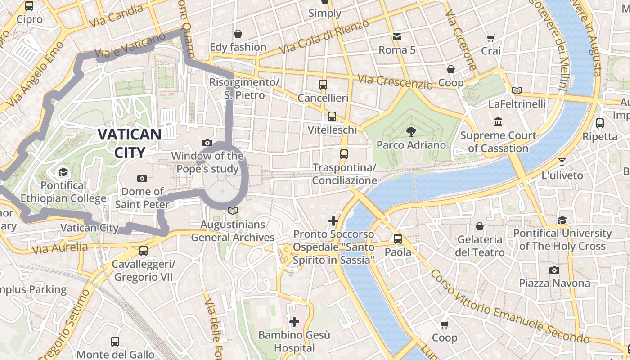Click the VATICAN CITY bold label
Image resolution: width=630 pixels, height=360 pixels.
(x=129, y=143)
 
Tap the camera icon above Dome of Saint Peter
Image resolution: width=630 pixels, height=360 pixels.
(x=142, y=179)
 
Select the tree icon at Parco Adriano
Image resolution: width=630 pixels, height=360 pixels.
(x=411, y=132)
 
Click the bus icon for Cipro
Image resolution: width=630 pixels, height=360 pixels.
(x=29, y=6)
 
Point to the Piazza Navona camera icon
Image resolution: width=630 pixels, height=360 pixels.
(x=554, y=270)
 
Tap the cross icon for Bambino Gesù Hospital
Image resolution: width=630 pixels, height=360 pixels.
(x=294, y=322)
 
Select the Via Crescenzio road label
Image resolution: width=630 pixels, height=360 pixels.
(x=395, y=81)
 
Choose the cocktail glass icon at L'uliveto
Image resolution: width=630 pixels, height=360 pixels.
(x=562, y=162)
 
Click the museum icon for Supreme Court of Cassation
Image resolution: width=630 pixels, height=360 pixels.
(x=498, y=122)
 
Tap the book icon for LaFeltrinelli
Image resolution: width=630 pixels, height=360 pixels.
(x=517, y=90)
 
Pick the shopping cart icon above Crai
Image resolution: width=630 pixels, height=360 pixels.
(x=491, y=38)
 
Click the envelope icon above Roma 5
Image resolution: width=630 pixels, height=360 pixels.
(x=397, y=36)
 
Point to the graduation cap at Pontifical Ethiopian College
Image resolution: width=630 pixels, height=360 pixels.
(x=63, y=172)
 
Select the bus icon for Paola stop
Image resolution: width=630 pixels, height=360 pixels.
(x=398, y=238)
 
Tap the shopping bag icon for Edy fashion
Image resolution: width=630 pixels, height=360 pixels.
(x=238, y=34)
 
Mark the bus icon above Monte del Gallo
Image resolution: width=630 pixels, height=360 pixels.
(x=115, y=342)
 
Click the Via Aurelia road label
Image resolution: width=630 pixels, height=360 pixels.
(x=60, y=247)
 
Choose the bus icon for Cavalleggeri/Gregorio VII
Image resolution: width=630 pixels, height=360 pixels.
(x=143, y=251)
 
